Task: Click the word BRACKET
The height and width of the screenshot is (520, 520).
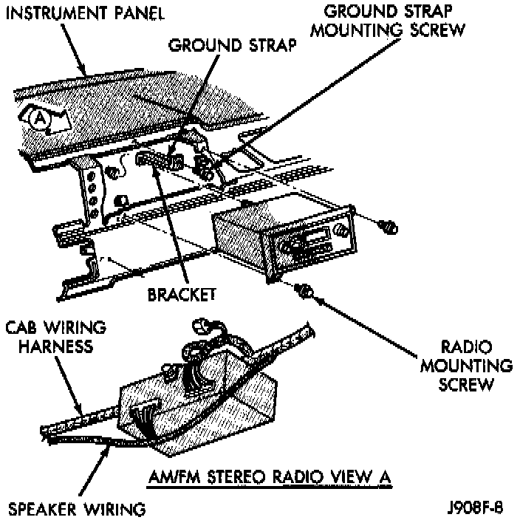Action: tap(181, 293)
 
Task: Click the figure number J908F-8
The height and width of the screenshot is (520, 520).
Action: tap(478, 508)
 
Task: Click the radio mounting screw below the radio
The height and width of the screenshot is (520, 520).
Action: tap(303, 289)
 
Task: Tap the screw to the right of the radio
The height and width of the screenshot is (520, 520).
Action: tap(388, 226)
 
